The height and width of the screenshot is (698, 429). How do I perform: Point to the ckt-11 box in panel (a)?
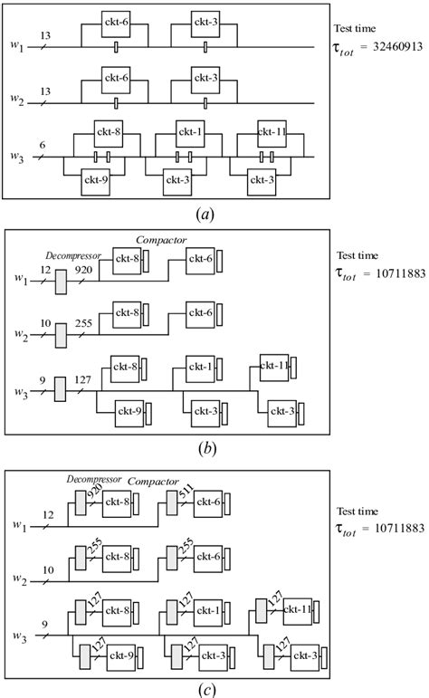268,133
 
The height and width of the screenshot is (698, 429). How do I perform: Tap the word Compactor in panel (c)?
156,482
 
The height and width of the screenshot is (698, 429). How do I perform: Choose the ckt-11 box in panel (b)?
274,366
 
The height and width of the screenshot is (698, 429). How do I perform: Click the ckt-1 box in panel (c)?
197,612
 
